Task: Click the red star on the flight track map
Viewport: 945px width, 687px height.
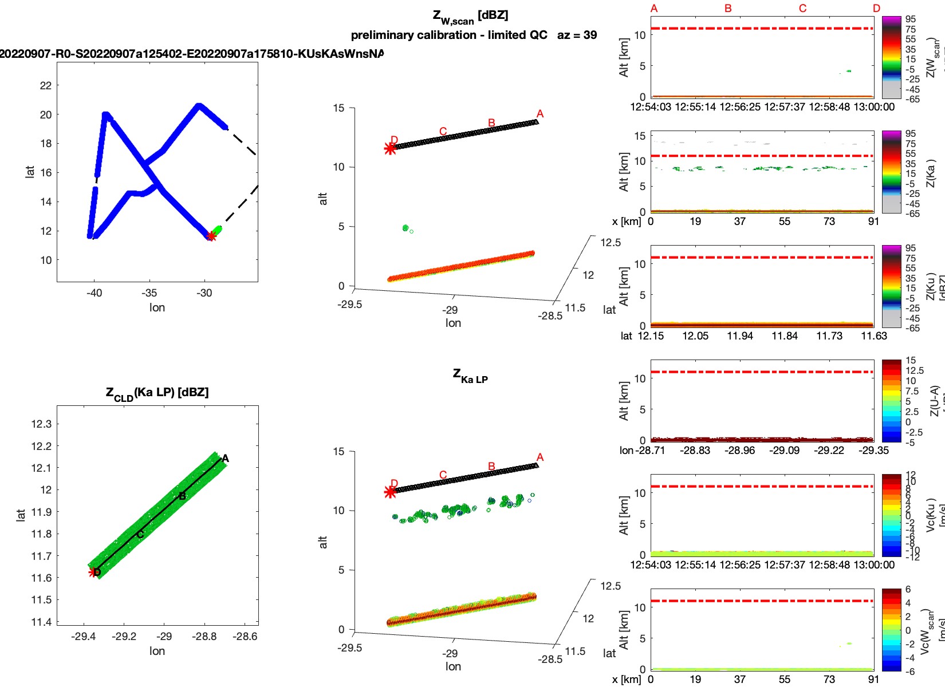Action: [x=211, y=236]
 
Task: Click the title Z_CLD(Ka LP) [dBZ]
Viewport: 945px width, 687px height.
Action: [x=157, y=393]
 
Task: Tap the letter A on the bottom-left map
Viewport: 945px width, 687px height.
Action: [x=226, y=458]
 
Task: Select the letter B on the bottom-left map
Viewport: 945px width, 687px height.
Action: [x=182, y=496]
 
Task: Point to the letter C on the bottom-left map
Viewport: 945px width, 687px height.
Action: [x=140, y=535]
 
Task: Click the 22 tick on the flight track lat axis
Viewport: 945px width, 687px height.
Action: [x=46, y=85]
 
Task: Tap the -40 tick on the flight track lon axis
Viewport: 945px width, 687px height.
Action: [x=94, y=293]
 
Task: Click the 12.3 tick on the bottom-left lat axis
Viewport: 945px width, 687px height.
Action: [x=41, y=424]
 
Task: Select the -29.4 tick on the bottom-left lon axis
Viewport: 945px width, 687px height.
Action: [x=84, y=636]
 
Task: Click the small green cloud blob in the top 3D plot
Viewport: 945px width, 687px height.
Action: [x=406, y=228]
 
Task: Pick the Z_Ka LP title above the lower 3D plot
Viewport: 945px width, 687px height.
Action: [x=470, y=376]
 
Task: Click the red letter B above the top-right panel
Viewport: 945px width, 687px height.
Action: [x=728, y=9]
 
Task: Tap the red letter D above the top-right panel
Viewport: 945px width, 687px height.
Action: [x=876, y=9]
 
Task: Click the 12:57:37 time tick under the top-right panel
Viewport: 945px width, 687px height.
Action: [x=785, y=107]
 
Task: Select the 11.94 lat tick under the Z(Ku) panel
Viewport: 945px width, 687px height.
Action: [x=740, y=336]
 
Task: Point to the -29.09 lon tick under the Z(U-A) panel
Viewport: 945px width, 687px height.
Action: [x=785, y=451]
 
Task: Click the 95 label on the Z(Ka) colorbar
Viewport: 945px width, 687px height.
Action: [x=911, y=134]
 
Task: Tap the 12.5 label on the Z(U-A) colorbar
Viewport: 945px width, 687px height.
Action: [x=914, y=370]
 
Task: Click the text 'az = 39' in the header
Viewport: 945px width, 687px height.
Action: [x=577, y=35]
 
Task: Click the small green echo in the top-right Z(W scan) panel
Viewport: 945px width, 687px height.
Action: [x=848, y=71]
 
